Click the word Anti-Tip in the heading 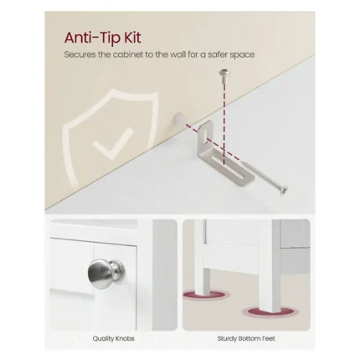click(x=92, y=38)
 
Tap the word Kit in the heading click(x=132, y=38)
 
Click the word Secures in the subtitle click(x=80, y=54)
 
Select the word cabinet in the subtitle click(x=128, y=54)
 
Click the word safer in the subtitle click(x=217, y=54)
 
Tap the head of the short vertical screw click(x=224, y=73)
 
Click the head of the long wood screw click(x=284, y=190)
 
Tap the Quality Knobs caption click(x=113, y=338)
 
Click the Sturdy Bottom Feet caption click(x=246, y=338)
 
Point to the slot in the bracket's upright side click(x=206, y=133)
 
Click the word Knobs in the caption click(x=124, y=338)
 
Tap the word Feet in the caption click(x=268, y=338)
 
